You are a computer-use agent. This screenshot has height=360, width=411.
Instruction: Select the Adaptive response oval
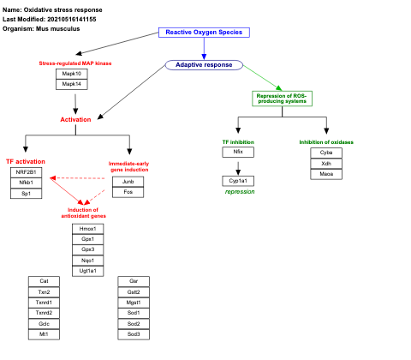click(203, 65)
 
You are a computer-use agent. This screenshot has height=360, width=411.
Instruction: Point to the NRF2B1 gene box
click(27, 172)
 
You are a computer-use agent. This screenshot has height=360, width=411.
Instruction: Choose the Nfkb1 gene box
click(27, 183)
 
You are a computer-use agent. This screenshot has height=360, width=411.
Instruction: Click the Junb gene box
click(128, 182)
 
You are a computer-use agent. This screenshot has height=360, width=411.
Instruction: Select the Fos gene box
click(128, 193)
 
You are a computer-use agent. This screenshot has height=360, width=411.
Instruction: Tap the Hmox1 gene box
click(88, 229)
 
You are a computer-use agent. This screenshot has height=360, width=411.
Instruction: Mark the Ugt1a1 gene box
click(88, 271)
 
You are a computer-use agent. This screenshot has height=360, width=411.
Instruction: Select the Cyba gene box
click(326, 153)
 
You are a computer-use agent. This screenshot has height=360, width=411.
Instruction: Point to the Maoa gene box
click(326, 175)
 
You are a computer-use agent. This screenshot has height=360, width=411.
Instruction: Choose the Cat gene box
click(44, 281)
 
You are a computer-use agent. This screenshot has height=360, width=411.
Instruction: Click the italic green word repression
click(240, 192)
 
